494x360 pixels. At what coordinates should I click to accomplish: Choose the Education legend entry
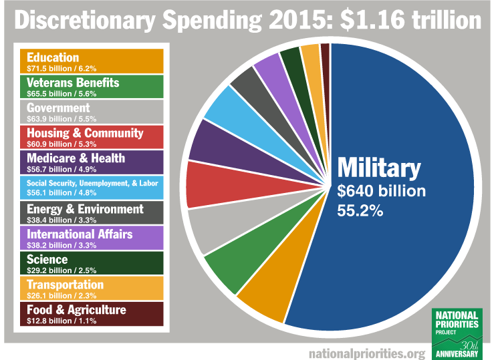(x=92, y=61)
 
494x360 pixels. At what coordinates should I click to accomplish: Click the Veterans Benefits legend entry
(x=92, y=87)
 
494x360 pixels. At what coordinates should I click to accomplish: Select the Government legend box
(x=92, y=112)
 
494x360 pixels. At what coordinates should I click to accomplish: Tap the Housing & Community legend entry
(x=92, y=137)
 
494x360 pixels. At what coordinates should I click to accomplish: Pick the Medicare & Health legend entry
(x=92, y=162)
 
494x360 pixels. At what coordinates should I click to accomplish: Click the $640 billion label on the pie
(x=382, y=192)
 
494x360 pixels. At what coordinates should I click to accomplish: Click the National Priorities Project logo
(x=457, y=332)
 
